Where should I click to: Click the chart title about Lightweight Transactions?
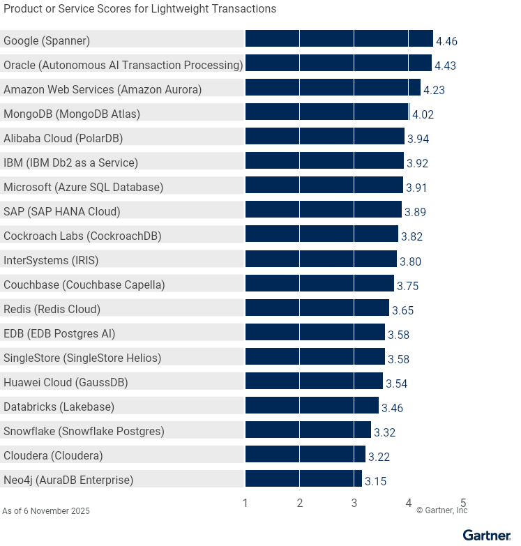tap(139, 9)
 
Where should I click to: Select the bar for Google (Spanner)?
tap(339, 39)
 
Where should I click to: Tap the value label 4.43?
tap(446, 66)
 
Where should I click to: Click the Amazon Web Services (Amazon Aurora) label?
tap(103, 89)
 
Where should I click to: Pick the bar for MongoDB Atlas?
tap(327, 112)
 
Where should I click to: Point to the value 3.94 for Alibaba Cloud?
tap(418, 139)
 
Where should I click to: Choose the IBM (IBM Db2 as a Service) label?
tap(71, 162)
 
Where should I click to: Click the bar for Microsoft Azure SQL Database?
tap(324, 185)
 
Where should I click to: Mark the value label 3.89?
tap(415, 213)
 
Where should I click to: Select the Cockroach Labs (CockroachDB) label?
tap(82, 236)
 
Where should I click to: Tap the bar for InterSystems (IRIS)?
tap(321, 259)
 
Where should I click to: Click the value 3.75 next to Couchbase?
tap(407, 286)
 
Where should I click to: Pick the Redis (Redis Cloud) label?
tap(52, 309)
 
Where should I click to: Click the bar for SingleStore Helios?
tap(315, 356)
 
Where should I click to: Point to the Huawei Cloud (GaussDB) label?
tap(66, 382)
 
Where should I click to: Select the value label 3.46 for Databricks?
tap(392, 408)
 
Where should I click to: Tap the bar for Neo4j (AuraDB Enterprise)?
tap(303, 478)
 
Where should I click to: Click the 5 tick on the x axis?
tap(463, 503)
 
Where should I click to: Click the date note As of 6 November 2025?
tap(46, 511)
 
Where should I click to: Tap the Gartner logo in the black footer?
tap(487, 536)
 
